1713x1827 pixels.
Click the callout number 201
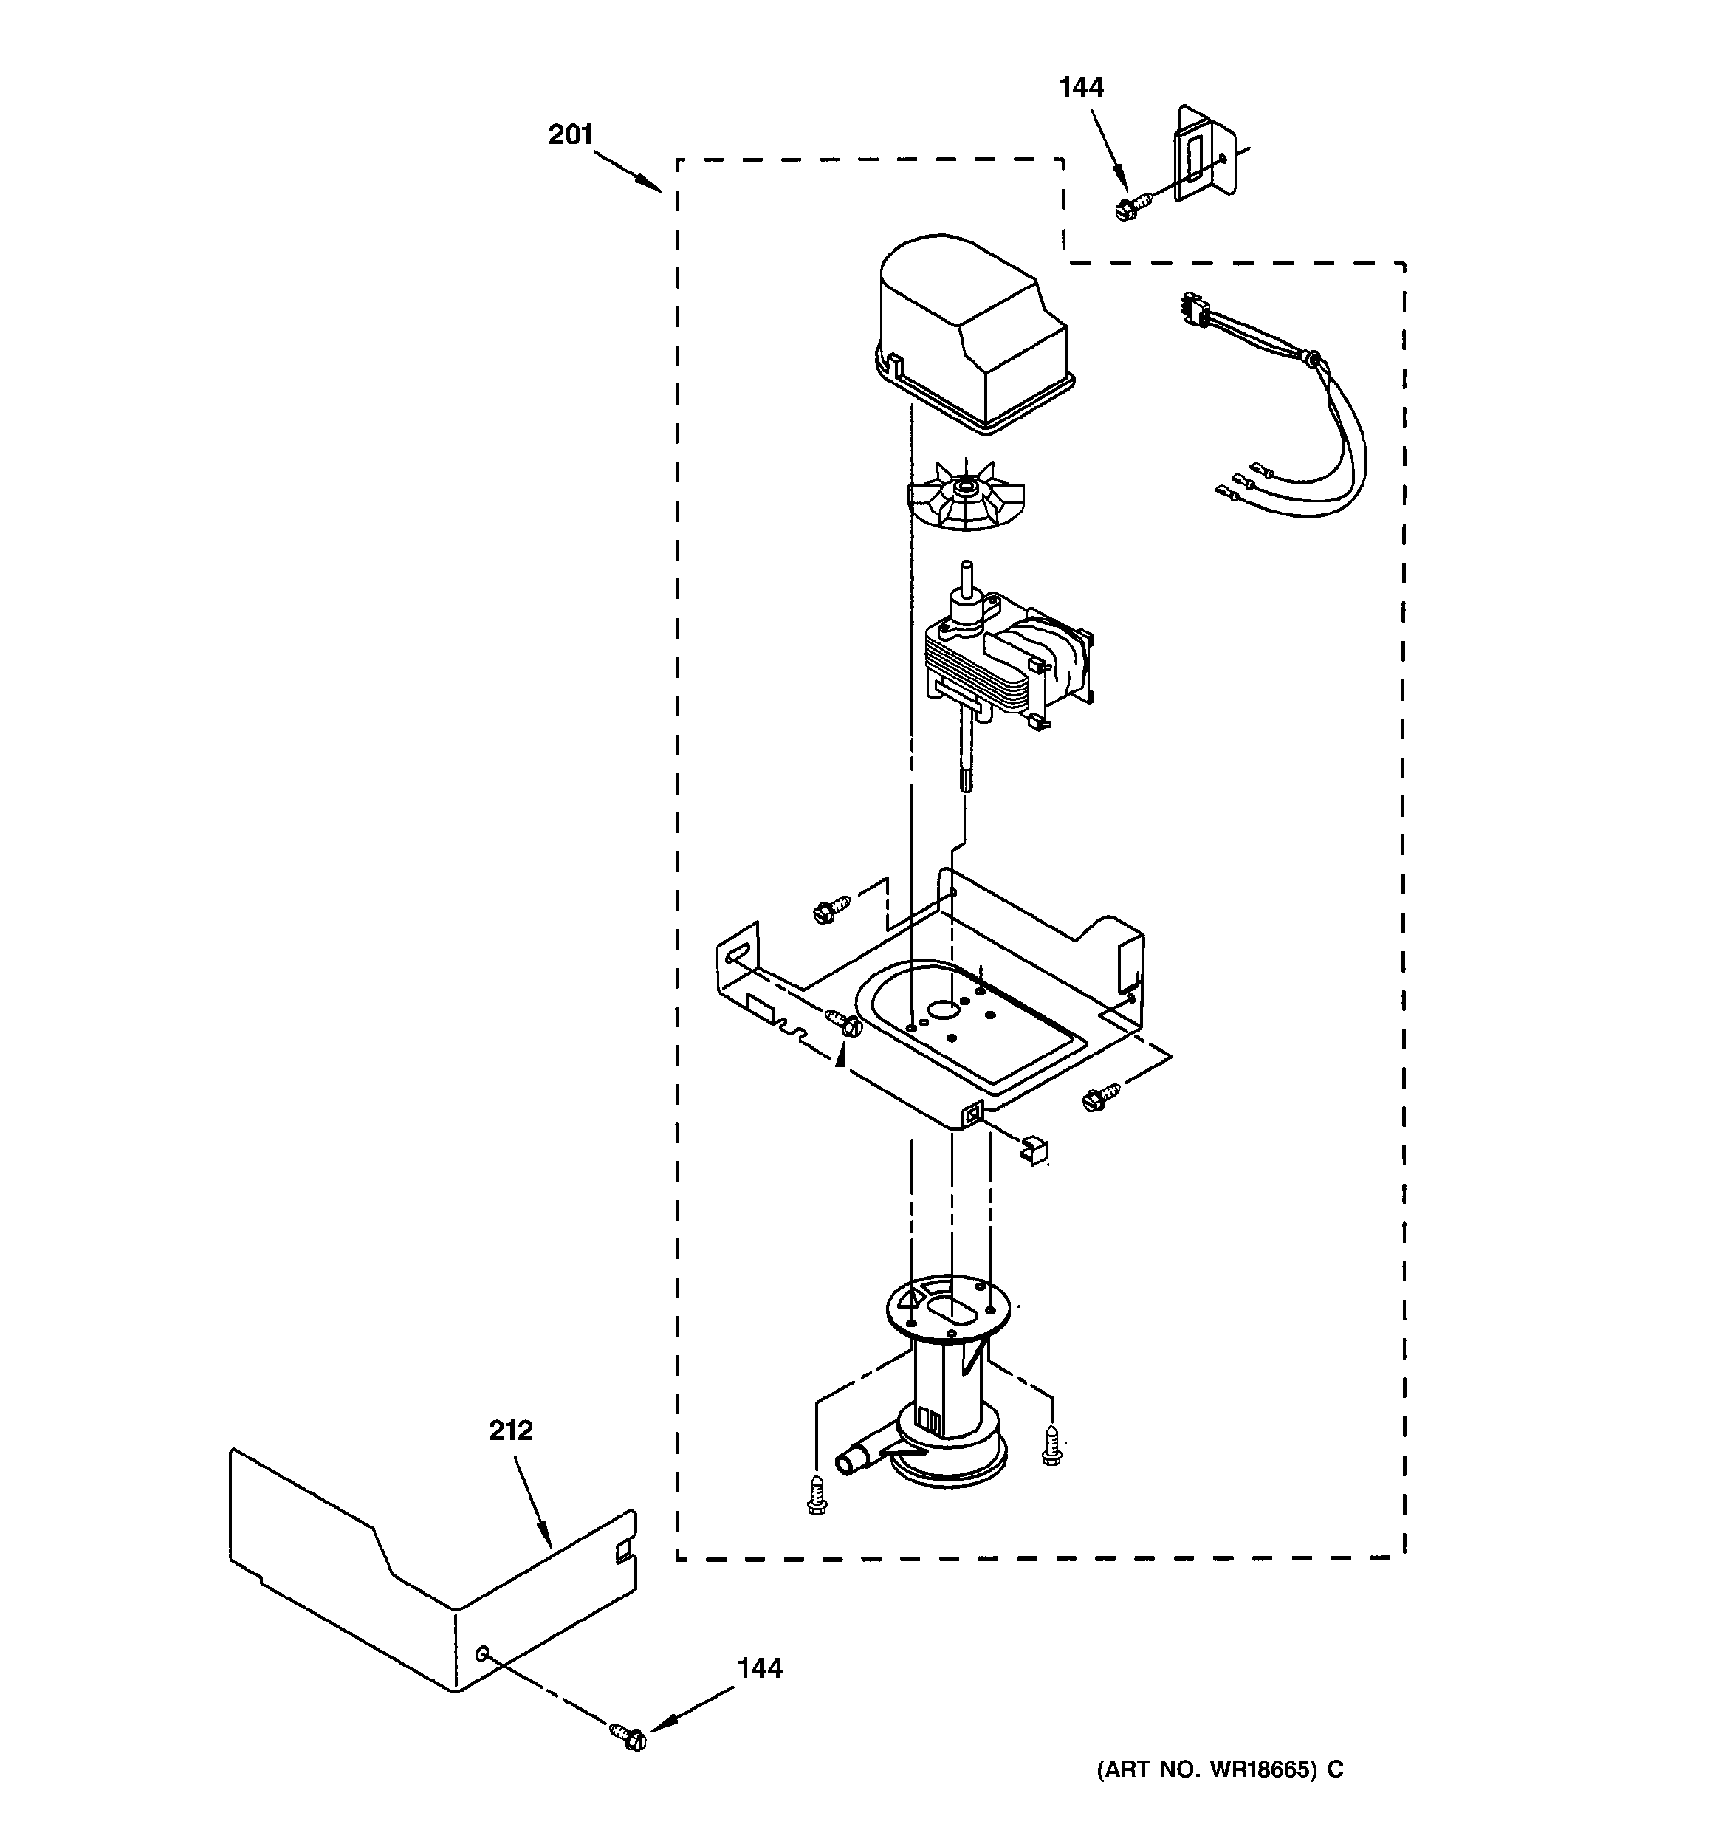click(x=570, y=135)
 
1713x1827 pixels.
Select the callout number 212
click(x=510, y=1431)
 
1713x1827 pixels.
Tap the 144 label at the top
click(x=1081, y=87)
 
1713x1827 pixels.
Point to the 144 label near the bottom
click(x=759, y=1668)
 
